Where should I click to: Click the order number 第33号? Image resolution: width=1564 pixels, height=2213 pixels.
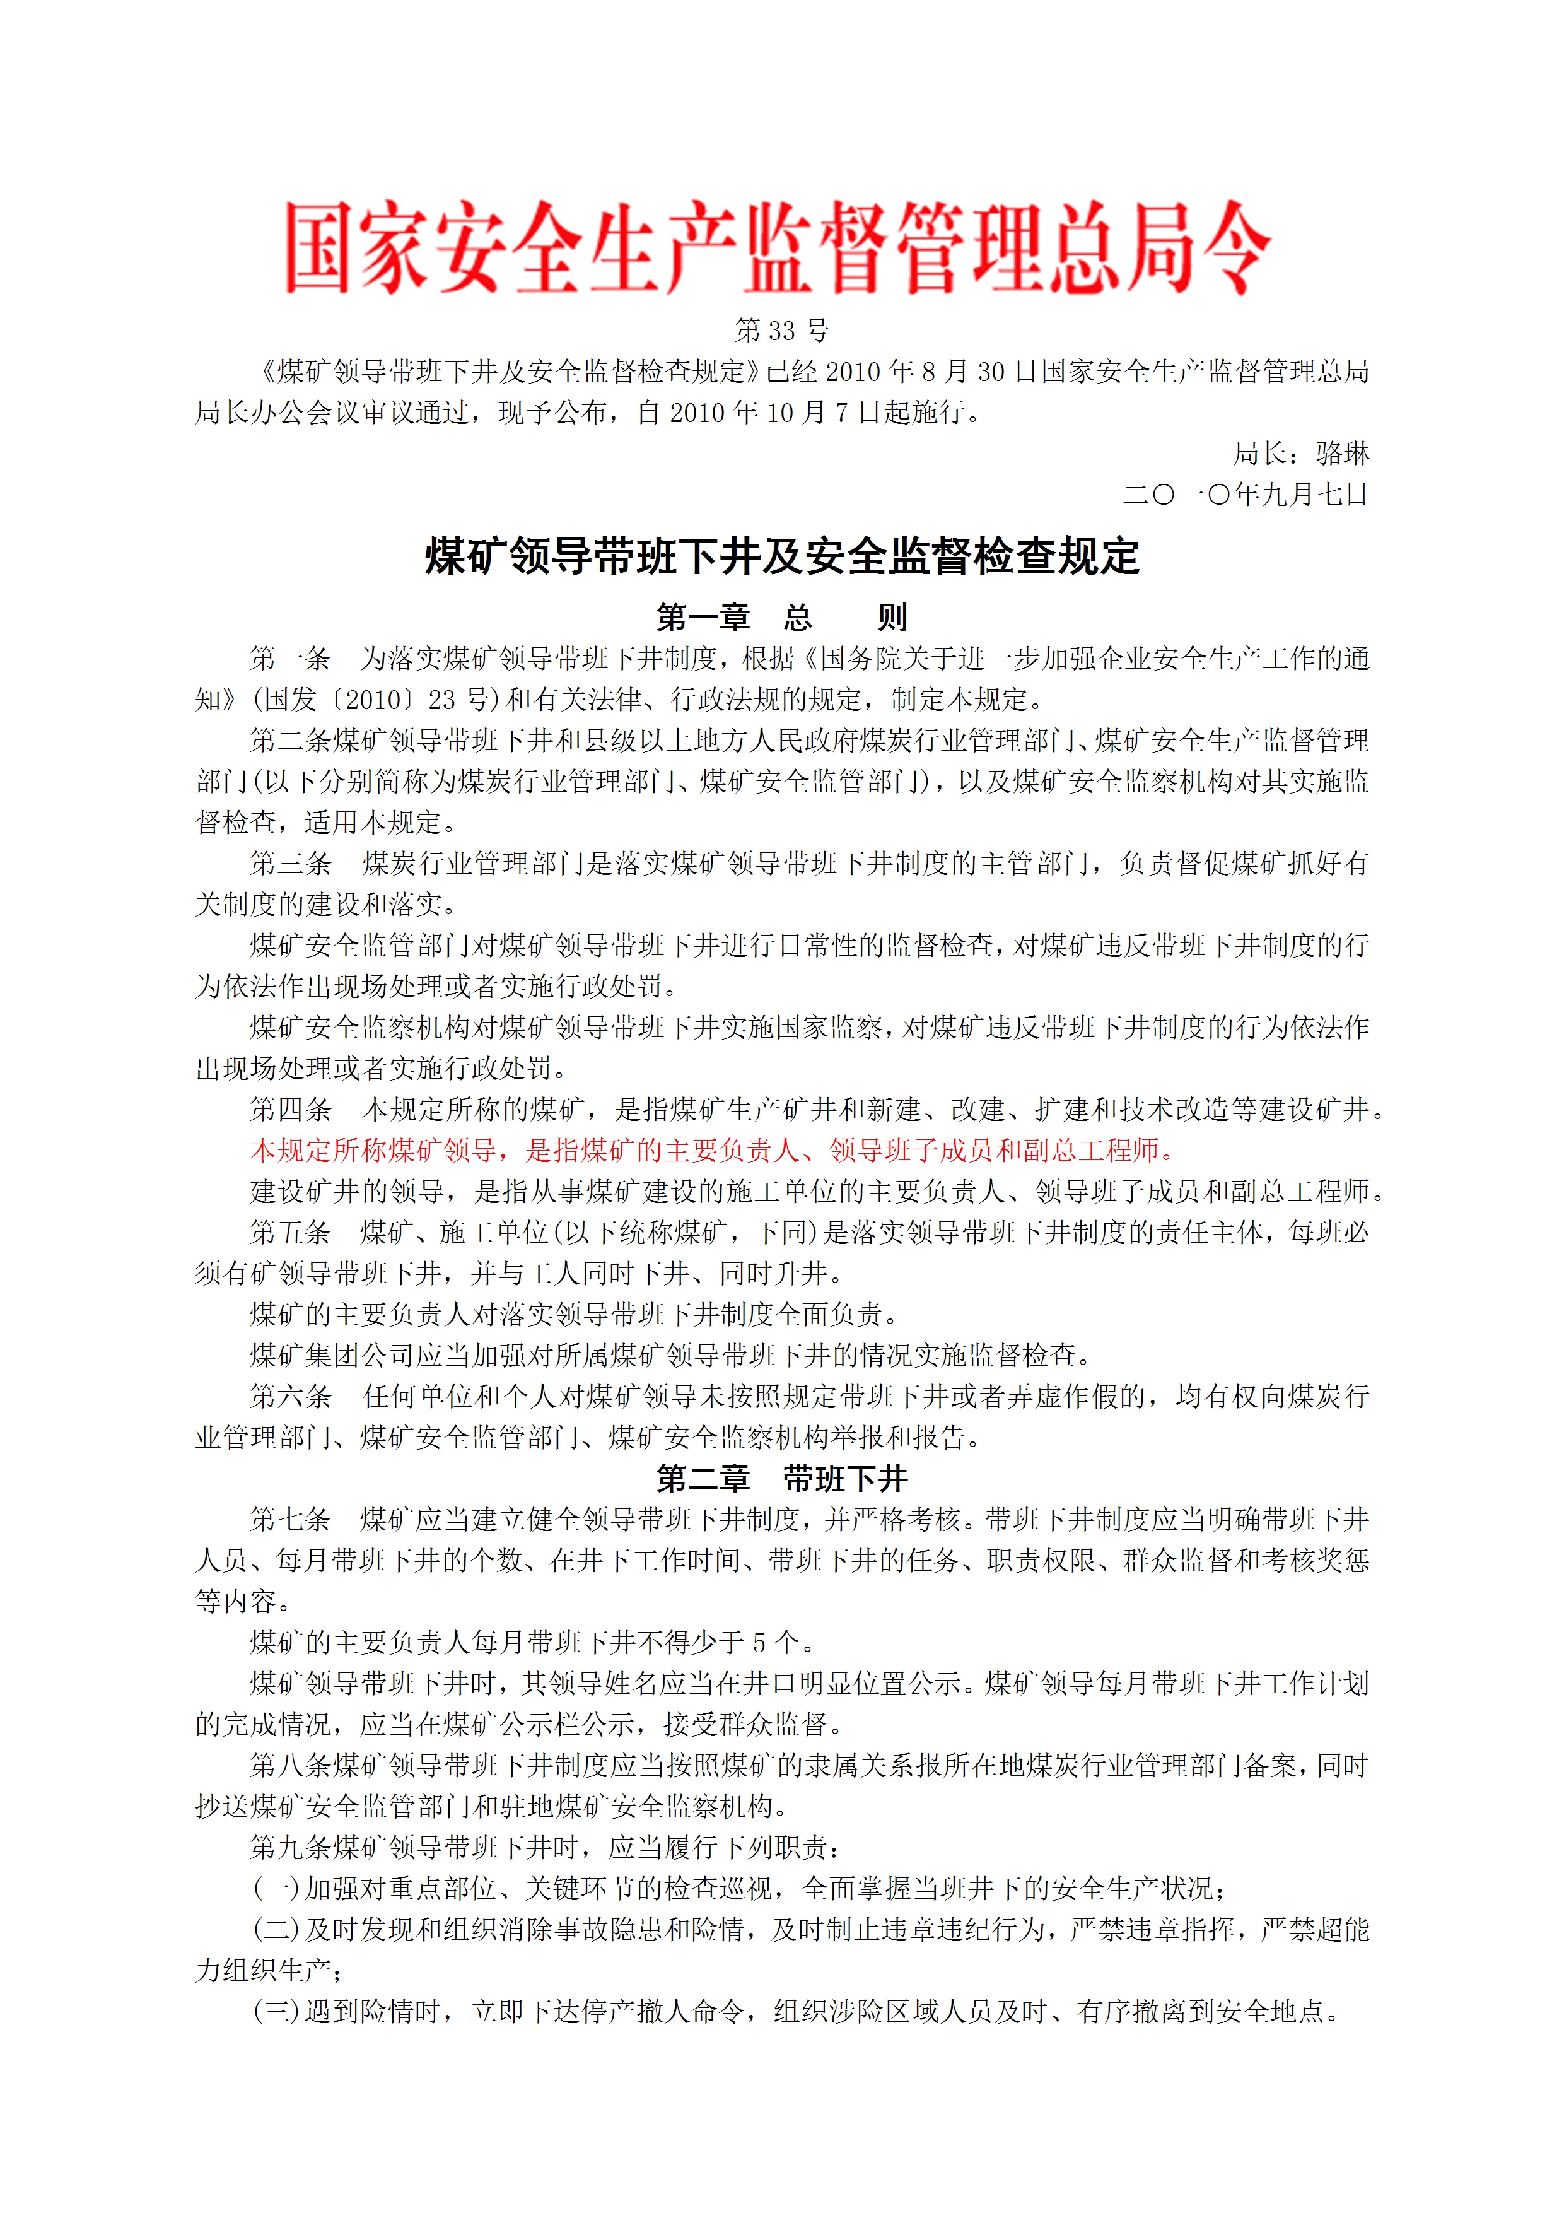(x=781, y=331)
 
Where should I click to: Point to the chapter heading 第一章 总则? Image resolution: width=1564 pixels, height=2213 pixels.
(x=781, y=617)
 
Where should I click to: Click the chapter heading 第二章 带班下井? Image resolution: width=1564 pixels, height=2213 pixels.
(x=781, y=1479)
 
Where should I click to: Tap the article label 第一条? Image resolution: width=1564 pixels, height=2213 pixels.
(x=290, y=659)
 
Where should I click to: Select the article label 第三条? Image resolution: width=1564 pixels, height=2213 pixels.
(x=290, y=864)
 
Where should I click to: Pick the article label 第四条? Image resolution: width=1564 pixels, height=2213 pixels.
(x=290, y=1110)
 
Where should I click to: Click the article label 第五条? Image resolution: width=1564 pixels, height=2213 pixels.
(x=290, y=1233)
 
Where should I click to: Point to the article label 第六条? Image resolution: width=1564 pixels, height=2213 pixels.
(x=290, y=1397)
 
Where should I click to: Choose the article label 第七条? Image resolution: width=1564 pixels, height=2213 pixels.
(x=290, y=1520)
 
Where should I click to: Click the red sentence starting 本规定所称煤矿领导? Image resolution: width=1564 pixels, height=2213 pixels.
(x=712, y=1150)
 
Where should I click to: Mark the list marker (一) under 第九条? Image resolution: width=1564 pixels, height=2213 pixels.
(x=277, y=1889)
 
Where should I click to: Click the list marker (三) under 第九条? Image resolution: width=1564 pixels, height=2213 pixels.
(x=277, y=2012)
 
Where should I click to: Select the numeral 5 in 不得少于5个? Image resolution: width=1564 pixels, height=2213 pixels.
(x=759, y=1642)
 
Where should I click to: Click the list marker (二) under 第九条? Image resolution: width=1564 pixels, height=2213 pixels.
(x=277, y=1930)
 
